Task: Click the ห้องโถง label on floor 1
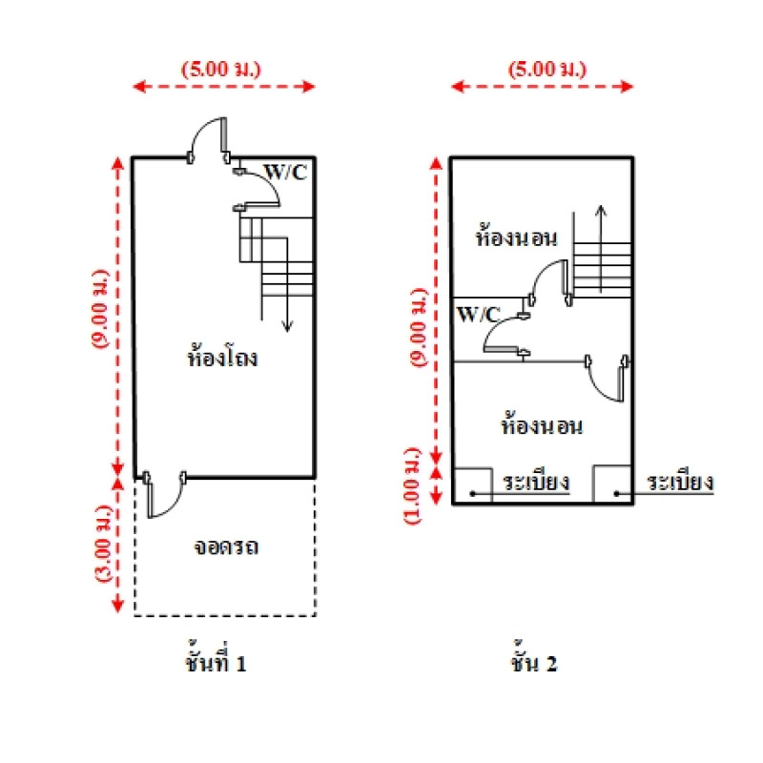point(223,360)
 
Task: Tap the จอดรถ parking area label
point(227,547)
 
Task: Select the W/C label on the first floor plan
point(285,172)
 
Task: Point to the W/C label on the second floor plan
point(479,313)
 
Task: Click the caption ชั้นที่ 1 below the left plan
point(217,663)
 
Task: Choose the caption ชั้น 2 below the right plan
point(534,663)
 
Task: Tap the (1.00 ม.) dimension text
point(412,485)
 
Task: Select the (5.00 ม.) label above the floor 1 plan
point(221,69)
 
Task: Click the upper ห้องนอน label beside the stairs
point(516,237)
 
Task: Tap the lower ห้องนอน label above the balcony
point(541,425)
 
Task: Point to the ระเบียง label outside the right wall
point(680,482)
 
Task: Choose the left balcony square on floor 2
point(472,485)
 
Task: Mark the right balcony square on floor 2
point(611,485)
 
